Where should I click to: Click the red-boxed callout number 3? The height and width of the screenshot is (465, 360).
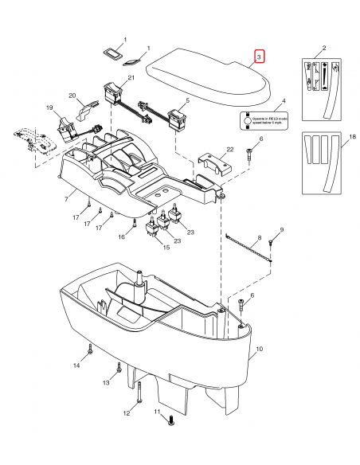[x=260, y=57]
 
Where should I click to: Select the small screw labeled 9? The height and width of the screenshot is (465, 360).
[x=272, y=243]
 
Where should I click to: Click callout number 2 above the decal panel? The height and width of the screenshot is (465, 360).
[x=323, y=49]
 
